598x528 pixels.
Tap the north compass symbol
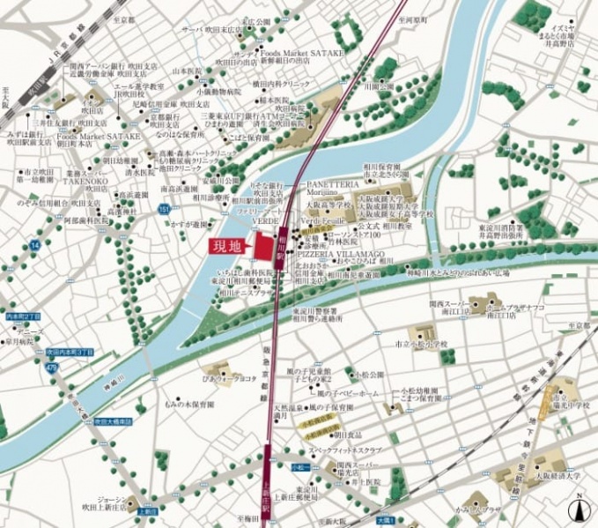(x=580, y=511)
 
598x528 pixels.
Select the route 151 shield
(x=165, y=208)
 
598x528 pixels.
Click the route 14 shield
(x=35, y=243)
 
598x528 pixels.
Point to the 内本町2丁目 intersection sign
(x=23, y=315)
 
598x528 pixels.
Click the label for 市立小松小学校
(x=422, y=344)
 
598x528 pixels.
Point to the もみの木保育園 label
(x=188, y=404)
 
